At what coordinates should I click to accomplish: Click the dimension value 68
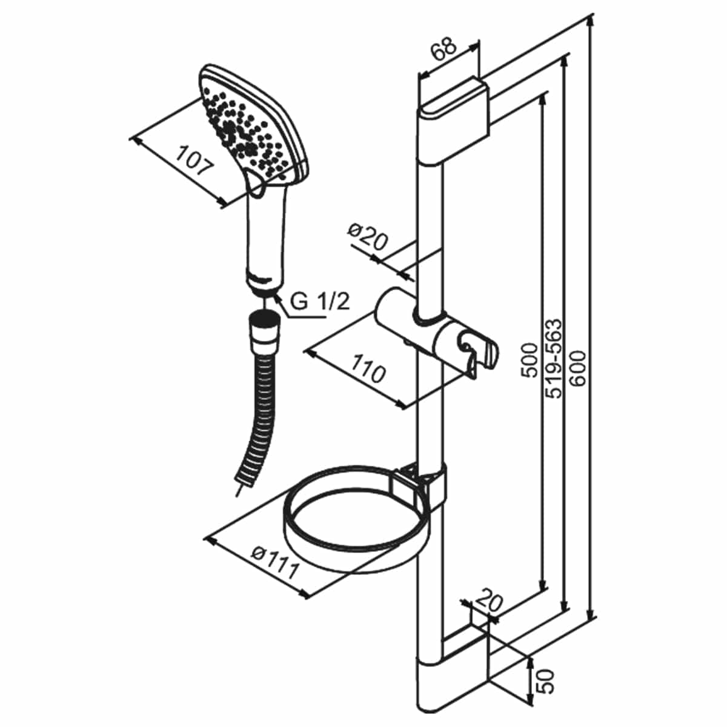tap(444, 48)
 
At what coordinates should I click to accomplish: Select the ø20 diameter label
tap(367, 236)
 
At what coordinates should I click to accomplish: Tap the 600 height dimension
tap(577, 368)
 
